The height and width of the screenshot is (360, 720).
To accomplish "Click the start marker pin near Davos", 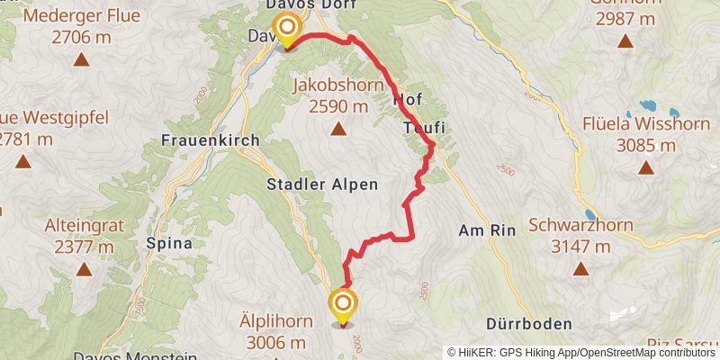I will pyautogui.click(x=287, y=31).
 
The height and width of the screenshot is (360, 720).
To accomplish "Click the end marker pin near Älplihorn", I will pyautogui.click(x=343, y=306).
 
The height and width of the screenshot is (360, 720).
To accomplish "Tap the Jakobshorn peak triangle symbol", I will pyautogui.click(x=338, y=129).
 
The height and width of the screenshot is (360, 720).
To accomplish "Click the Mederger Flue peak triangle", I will pyautogui.click(x=81, y=61).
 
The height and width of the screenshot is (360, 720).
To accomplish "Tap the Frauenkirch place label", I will pyautogui.click(x=211, y=140).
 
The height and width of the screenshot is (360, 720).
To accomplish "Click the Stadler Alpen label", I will pyautogui.click(x=321, y=184).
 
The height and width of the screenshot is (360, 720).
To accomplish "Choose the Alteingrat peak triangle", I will pyautogui.click(x=84, y=268).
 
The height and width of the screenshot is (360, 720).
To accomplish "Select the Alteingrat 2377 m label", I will pyautogui.click(x=84, y=235).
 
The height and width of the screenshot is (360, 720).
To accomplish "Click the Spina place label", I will pyautogui.click(x=168, y=243).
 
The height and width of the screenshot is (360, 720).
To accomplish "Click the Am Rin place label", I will pyautogui.click(x=487, y=230).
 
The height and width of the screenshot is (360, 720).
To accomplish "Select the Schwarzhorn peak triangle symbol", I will pyautogui.click(x=581, y=268).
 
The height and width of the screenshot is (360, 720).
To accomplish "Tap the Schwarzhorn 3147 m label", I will pyautogui.click(x=581, y=235).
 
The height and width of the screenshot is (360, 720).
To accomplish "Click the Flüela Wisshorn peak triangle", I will pyautogui.click(x=645, y=167).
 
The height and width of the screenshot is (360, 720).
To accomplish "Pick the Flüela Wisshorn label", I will pyautogui.click(x=645, y=134).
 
